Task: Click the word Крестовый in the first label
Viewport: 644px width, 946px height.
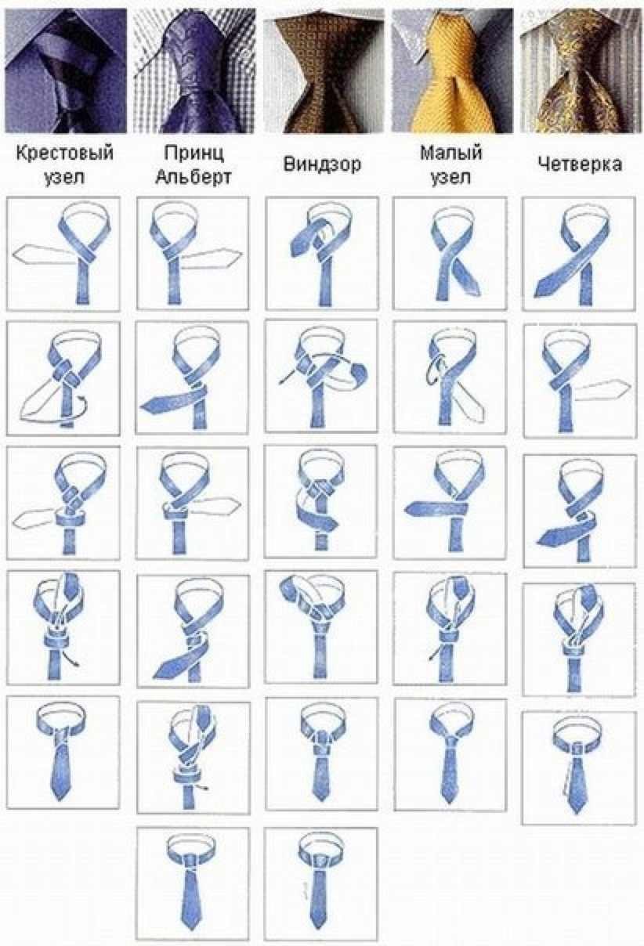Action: (65, 153)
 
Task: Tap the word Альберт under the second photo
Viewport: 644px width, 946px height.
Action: (194, 177)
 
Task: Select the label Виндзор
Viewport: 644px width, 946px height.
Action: (322, 164)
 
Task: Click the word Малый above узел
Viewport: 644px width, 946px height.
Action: (451, 152)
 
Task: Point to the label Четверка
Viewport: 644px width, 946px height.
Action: (579, 164)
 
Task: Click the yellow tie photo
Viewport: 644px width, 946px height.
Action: (452, 71)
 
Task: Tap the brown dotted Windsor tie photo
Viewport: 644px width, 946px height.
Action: (324, 72)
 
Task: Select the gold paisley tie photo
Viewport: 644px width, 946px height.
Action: (581, 71)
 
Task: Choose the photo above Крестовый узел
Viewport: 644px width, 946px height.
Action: (66, 71)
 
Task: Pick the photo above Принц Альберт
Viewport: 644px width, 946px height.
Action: (195, 71)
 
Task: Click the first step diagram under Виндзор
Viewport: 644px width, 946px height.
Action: (322, 254)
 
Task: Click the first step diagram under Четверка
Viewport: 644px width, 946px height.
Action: (579, 254)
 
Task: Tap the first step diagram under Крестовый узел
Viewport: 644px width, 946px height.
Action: (63, 254)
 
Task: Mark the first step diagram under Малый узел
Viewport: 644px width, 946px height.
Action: (450, 254)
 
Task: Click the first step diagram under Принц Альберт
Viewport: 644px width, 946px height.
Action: (193, 254)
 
